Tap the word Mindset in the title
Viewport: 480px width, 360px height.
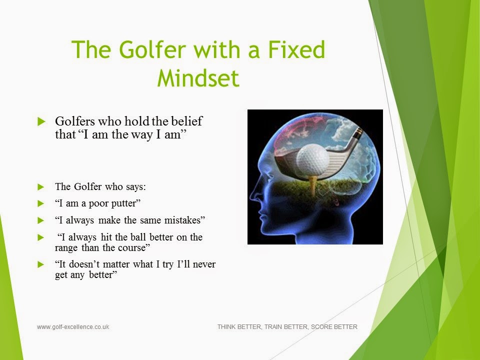[198, 78]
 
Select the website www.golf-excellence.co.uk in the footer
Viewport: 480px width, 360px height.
[73, 327]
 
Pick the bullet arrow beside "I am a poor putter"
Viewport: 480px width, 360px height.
[41, 203]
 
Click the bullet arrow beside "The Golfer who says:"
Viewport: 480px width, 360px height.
[41, 187]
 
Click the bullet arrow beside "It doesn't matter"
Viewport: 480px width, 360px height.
[41, 264]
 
